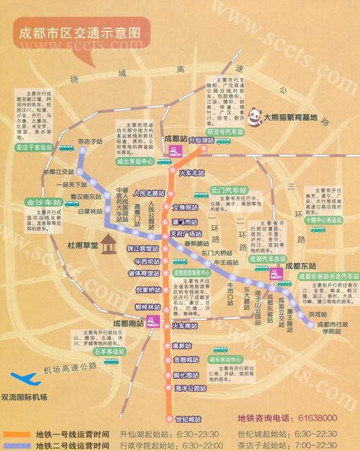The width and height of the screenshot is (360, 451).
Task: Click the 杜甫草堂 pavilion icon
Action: tap(109, 245)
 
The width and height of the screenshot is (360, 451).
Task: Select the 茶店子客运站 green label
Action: tap(34, 148)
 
